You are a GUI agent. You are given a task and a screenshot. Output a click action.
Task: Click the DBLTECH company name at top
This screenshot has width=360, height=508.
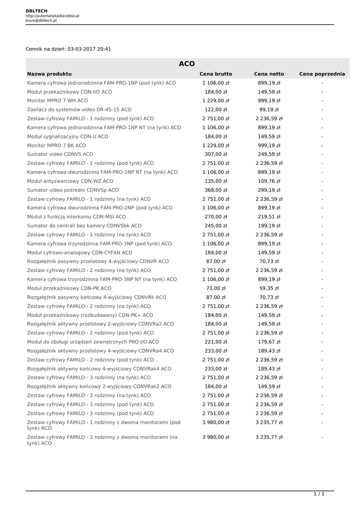coord(37,10)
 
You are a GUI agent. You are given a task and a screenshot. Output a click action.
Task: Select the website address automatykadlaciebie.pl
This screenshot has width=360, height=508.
coord(52,16)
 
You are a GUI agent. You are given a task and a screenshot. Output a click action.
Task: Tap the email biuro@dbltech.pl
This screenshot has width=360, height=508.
coord(41,21)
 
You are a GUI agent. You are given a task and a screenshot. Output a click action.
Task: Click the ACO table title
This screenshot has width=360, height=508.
coord(187,63)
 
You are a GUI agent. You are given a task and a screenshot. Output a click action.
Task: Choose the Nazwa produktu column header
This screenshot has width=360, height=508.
coord(49,74)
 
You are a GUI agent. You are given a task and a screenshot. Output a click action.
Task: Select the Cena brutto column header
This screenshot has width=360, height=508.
coord(216,74)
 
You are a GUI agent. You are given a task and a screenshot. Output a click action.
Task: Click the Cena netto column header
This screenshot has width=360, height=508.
coord(269,74)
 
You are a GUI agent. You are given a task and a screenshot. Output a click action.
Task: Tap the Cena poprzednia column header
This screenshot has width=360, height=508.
coord(322,74)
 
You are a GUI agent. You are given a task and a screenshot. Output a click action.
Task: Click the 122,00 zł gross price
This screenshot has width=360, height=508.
coord(216,110)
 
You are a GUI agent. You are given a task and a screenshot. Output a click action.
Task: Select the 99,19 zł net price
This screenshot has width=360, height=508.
coord(269,110)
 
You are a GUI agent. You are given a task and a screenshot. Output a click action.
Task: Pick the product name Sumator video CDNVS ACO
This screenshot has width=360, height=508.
coord(60,154)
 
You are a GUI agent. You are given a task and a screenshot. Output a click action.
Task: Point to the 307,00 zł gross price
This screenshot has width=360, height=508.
coord(216,154)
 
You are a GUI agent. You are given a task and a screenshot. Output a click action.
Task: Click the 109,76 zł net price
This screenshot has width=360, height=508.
coord(269,181)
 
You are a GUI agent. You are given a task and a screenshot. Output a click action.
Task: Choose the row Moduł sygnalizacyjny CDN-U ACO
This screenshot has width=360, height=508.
coord(68,136)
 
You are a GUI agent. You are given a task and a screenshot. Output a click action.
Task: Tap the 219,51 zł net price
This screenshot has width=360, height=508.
coord(269,217)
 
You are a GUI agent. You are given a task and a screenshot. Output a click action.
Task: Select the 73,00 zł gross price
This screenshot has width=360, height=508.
coord(216,288)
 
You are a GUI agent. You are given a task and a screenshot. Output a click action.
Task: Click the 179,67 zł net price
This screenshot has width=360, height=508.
coord(269,342)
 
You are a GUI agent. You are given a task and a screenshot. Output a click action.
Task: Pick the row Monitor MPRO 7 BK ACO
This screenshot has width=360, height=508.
coord(56,145)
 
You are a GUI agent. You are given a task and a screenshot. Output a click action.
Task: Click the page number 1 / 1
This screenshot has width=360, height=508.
coord(319,494)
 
